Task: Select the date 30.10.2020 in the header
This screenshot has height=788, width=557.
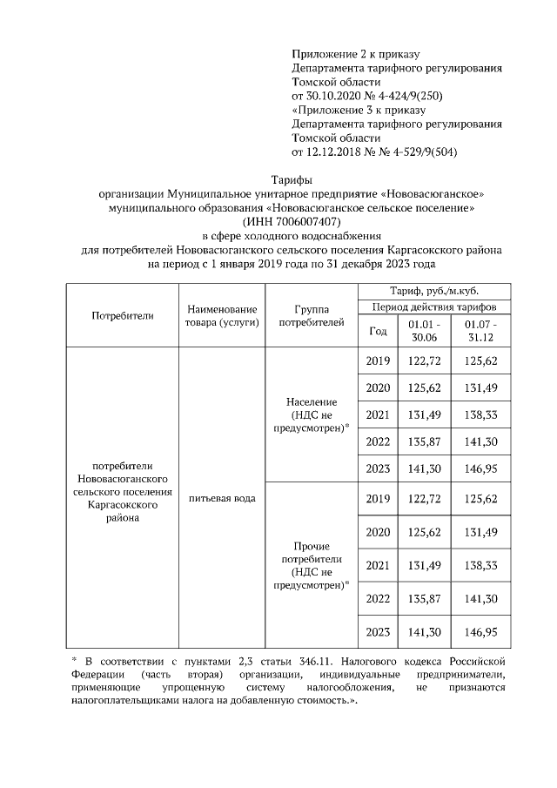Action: click(332, 95)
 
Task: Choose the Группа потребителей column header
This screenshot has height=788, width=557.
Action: click(311, 315)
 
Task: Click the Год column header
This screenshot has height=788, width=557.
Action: click(378, 330)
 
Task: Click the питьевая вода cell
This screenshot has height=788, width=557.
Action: click(221, 498)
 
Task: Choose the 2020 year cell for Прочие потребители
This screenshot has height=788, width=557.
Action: click(378, 531)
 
